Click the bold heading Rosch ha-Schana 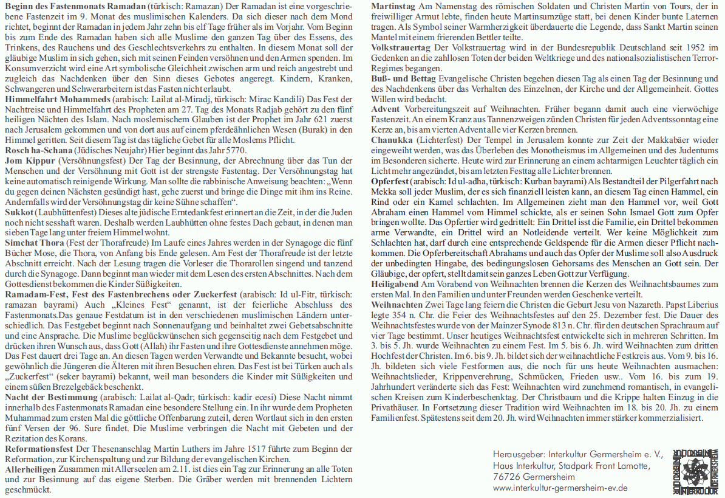tap(39, 150)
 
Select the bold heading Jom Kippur tap(30, 160)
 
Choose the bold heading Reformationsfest tap(39, 448)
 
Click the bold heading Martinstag tap(393, 7)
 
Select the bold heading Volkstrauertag tap(401, 48)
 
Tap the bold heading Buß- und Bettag tap(403, 79)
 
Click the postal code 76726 tap(506, 477)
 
